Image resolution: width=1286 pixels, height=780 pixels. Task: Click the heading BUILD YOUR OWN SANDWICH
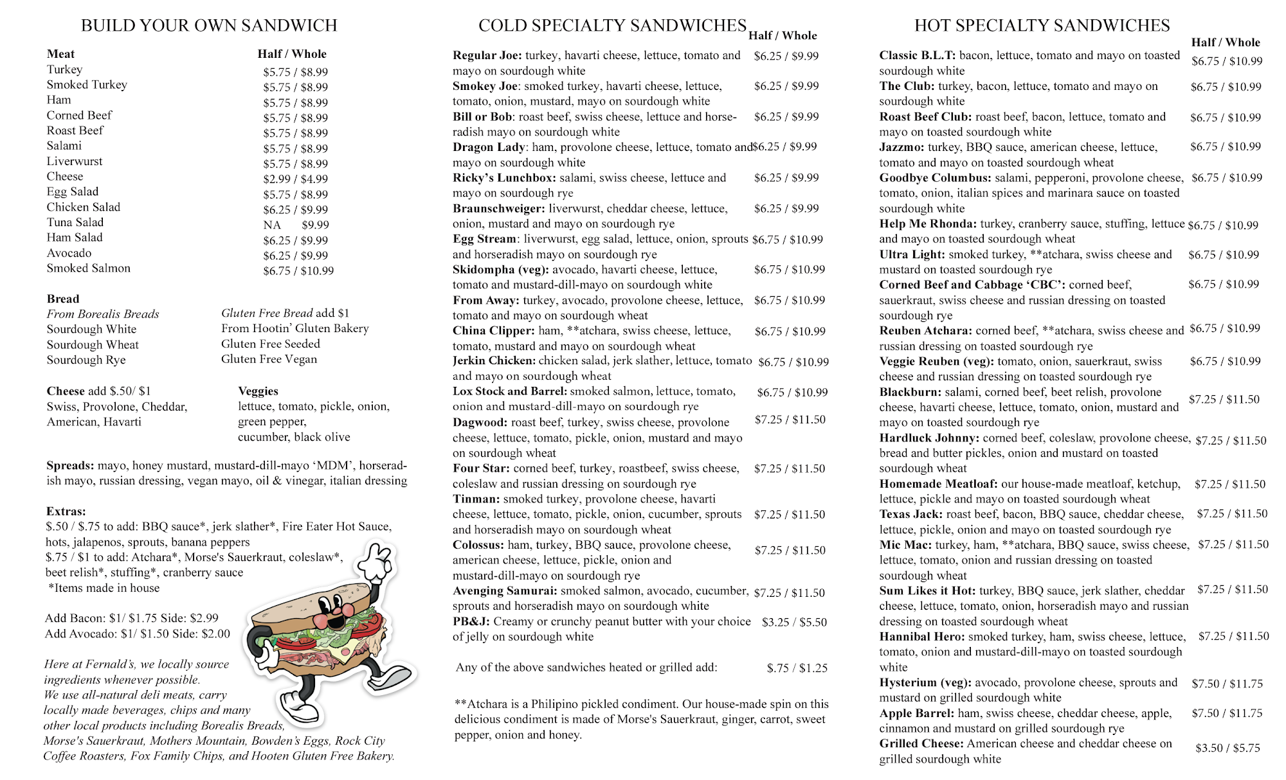(209, 26)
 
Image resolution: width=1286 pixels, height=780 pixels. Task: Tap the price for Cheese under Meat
(295, 179)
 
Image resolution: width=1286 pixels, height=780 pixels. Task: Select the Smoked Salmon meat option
(88, 269)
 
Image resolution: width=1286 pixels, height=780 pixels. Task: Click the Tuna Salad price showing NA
(272, 226)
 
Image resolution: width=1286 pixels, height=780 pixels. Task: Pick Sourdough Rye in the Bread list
(86, 360)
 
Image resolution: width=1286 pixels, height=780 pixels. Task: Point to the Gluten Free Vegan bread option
(269, 359)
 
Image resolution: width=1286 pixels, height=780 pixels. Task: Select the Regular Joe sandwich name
(487, 55)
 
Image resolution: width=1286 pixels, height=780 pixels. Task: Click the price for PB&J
(794, 623)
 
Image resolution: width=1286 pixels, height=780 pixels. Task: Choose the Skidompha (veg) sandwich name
(500, 270)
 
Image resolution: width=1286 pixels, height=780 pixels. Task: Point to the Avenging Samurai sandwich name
(505, 591)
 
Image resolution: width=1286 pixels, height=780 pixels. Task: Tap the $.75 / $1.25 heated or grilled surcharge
(797, 668)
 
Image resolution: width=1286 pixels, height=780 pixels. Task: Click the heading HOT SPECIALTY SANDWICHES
(1042, 26)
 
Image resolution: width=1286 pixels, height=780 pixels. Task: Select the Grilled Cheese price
(1227, 749)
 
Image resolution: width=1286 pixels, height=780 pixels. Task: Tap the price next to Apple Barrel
(1227, 714)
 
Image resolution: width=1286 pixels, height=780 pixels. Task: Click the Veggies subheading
(258, 391)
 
